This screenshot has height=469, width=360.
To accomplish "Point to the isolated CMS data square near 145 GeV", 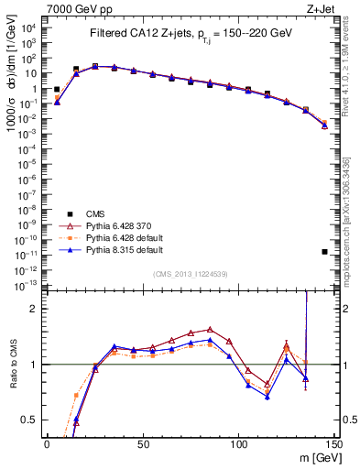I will click(325, 251).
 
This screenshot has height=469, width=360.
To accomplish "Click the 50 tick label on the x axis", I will click(142, 443).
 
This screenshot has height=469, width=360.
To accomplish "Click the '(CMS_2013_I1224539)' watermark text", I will click(189, 274).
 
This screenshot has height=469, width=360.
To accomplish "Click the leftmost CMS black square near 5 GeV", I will click(57, 90).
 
